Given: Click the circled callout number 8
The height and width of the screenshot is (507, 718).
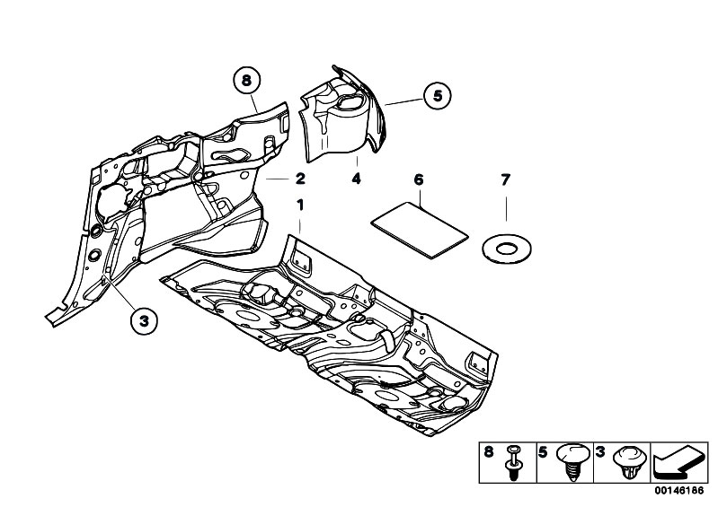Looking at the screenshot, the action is [246, 81].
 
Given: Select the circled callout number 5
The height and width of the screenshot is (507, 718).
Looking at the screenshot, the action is [438, 96].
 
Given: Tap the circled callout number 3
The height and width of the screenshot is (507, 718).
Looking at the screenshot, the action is [144, 320].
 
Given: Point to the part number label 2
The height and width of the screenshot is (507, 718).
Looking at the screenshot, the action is [300, 179].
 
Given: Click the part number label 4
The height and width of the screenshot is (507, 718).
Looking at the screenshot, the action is [356, 179].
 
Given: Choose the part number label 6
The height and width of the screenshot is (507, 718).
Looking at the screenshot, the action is [419, 179].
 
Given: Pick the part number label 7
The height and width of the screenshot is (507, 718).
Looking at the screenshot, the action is [506, 179].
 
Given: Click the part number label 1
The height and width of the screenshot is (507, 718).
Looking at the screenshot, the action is [300, 205].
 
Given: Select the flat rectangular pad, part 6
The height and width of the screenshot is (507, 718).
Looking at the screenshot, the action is [420, 230].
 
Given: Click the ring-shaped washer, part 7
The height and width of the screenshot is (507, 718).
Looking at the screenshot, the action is [507, 249].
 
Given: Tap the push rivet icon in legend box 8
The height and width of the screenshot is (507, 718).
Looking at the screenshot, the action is [514, 462].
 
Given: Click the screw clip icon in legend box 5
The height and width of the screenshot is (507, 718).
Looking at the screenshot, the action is [572, 462].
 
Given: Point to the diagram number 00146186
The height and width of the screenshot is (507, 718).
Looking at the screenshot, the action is [678, 491].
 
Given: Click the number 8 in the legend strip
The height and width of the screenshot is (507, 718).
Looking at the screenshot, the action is [489, 452].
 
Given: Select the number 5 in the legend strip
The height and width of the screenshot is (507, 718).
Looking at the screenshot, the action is [543, 452].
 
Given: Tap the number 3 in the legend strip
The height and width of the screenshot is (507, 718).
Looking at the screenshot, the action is [600, 452].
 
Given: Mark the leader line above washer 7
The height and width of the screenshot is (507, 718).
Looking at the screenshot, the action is [506, 209].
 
